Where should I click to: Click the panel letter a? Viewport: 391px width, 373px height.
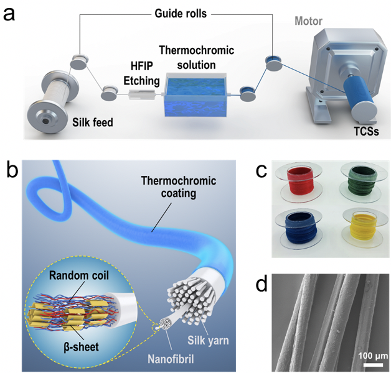(x=11, y=14)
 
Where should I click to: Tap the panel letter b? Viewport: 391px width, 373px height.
(x=11, y=168)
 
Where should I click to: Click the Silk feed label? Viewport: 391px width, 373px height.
(x=92, y=122)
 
